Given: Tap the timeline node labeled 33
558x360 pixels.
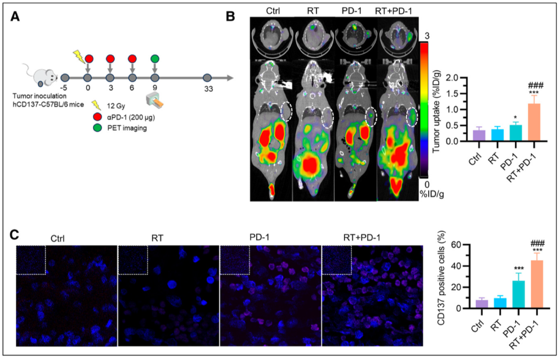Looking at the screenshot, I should tap(207, 79).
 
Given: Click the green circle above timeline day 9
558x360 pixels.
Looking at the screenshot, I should tap(154, 58).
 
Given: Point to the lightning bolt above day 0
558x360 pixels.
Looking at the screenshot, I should tap(79, 56).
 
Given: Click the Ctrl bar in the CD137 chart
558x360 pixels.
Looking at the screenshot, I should tap(482, 304).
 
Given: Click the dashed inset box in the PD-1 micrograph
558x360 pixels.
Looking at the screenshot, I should tap(235, 260).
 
